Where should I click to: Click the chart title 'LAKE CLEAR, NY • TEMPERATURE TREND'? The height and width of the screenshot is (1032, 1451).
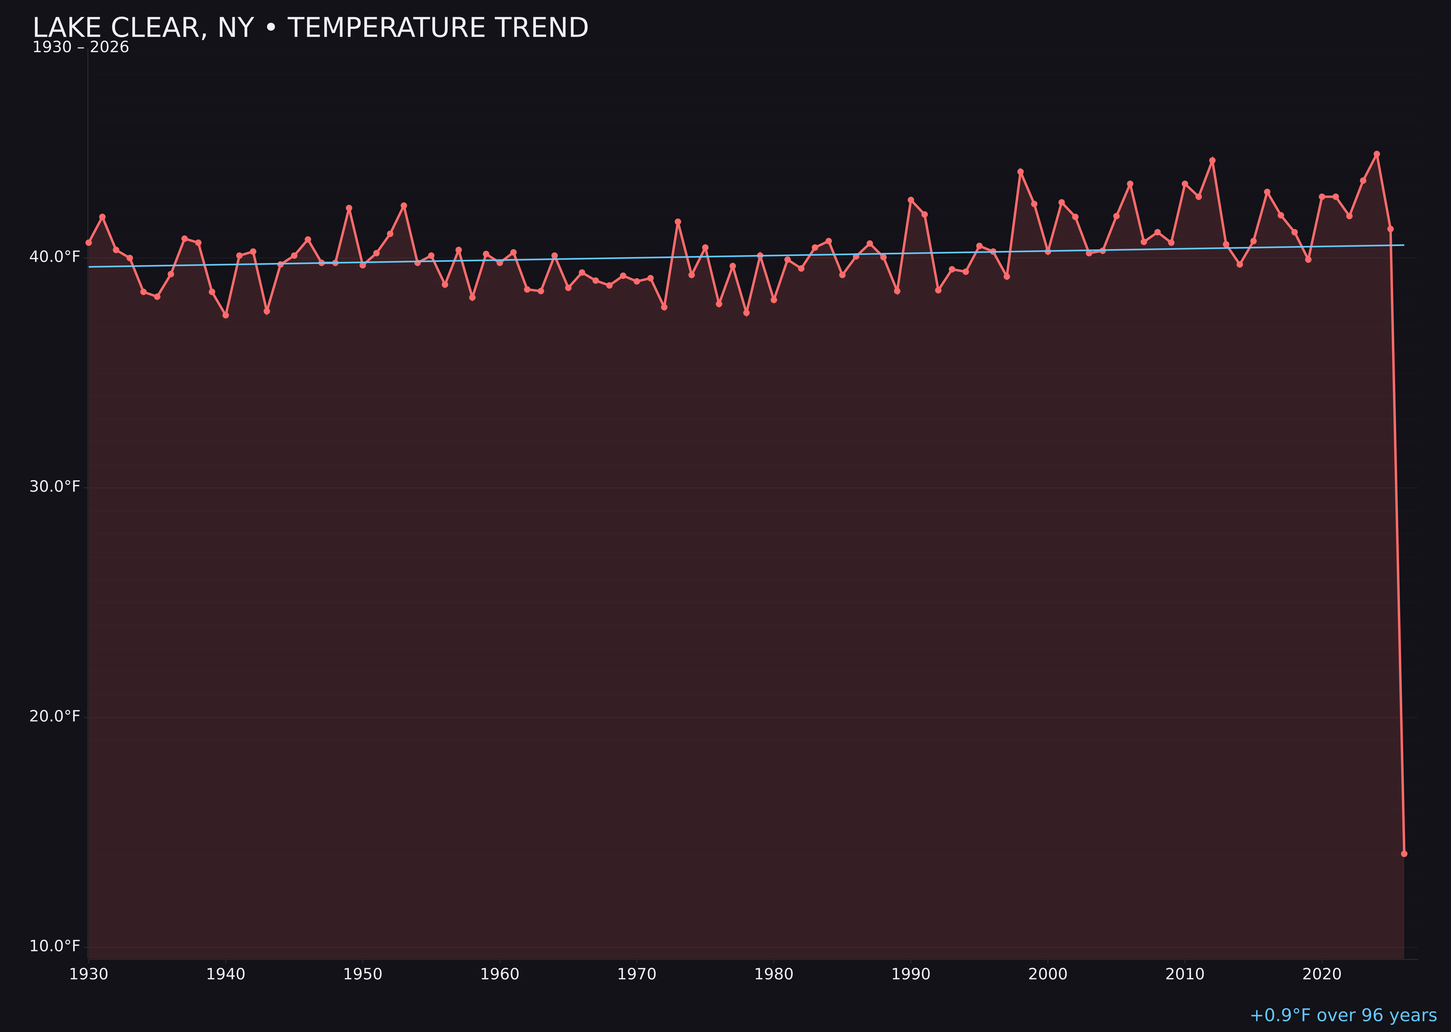(x=310, y=28)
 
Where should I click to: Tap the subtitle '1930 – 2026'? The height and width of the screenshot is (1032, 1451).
(x=81, y=48)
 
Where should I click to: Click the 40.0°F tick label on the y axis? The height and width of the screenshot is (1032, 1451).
(x=55, y=257)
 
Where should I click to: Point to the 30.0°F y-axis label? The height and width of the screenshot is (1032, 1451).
(x=55, y=487)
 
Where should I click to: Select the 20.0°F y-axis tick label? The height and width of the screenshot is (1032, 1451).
(x=55, y=716)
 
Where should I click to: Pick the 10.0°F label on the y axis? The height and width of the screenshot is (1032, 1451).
(x=55, y=946)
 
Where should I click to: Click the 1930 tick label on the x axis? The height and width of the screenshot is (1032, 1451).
(x=88, y=974)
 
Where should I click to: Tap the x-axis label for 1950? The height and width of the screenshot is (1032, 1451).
(x=363, y=974)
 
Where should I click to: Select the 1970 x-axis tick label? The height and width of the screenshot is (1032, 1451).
(x=637, y=974)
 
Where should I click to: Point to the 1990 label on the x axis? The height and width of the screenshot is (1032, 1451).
(x=911, y=974)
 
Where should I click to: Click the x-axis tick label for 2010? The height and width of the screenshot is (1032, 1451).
(x=1185, y=974)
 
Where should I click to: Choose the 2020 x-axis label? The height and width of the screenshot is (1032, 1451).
(x=1322, y=974)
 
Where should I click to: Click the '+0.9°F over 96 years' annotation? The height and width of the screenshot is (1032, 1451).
(x=1343, y=1015)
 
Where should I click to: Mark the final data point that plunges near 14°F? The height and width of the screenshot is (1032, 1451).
(x=1404, y=853)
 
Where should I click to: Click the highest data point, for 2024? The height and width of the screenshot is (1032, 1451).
(x=1377, y=154)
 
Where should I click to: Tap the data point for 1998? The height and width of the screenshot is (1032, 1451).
(x=1020, y=172)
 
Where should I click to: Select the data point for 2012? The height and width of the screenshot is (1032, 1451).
(x=1212, y=161)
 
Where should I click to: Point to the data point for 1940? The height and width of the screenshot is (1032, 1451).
(x=226, y=315)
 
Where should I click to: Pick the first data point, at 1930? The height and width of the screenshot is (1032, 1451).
(x=88, y=243)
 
